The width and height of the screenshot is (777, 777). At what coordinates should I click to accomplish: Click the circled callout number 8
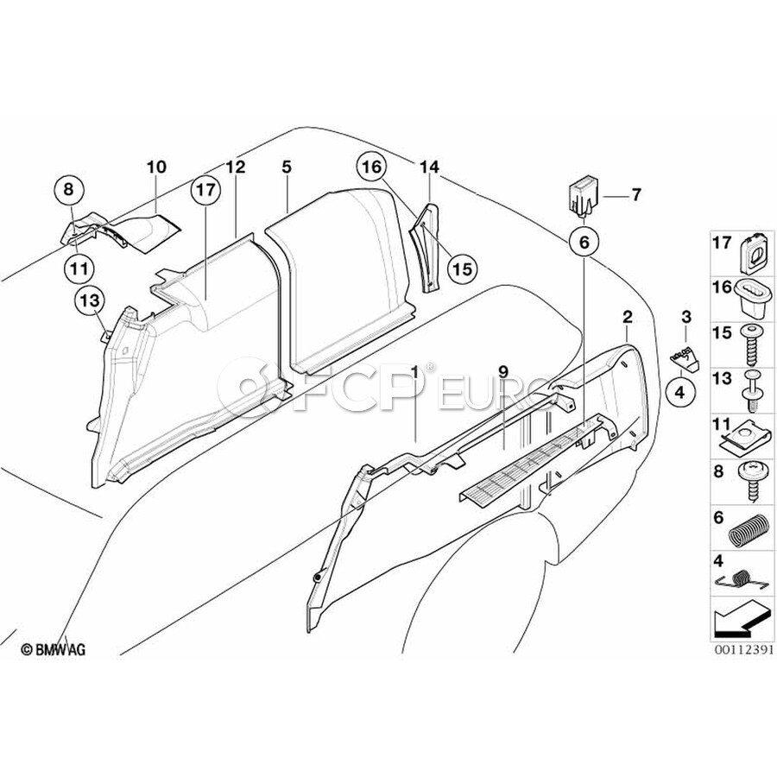[x=68, y=189]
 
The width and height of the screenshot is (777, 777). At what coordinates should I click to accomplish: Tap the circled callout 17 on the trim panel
[x=206, y=189]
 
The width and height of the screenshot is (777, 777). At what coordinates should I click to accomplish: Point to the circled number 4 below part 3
[x=679, y=393]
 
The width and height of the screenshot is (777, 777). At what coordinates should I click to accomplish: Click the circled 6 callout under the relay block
[x=584, y=243]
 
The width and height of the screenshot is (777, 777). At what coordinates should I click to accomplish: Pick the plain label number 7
[x=635, y=195]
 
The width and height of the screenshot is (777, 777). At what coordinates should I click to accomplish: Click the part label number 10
[x=156, y=167]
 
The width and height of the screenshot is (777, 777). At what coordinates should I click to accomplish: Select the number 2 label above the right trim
[x=627, y=317]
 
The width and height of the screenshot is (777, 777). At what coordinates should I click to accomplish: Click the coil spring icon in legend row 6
[x=746, y=531]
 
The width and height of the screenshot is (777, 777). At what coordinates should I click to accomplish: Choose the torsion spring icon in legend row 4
[x=739, y=580]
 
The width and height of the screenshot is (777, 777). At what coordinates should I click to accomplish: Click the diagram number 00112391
[x=743, y=649]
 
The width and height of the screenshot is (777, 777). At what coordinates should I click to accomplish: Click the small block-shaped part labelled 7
[x=584, y=199]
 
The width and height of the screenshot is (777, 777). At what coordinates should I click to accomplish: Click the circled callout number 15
[x=462, y=269]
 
